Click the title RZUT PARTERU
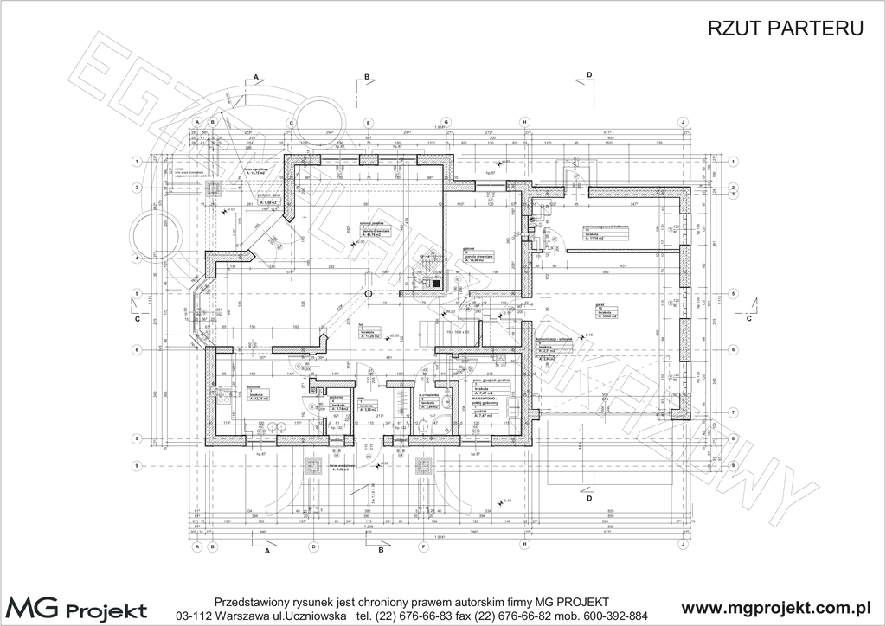click(x=786, y=29)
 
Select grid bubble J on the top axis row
click(x=682, y=122)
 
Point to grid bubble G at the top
click(x=446, y=122)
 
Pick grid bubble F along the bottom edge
click(x=423, y=547)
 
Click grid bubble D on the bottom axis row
click(x=315, y=547)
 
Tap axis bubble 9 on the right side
click(x=733, y=466)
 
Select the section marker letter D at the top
click(x=589, y=76)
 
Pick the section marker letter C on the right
click(x=748, y=318)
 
